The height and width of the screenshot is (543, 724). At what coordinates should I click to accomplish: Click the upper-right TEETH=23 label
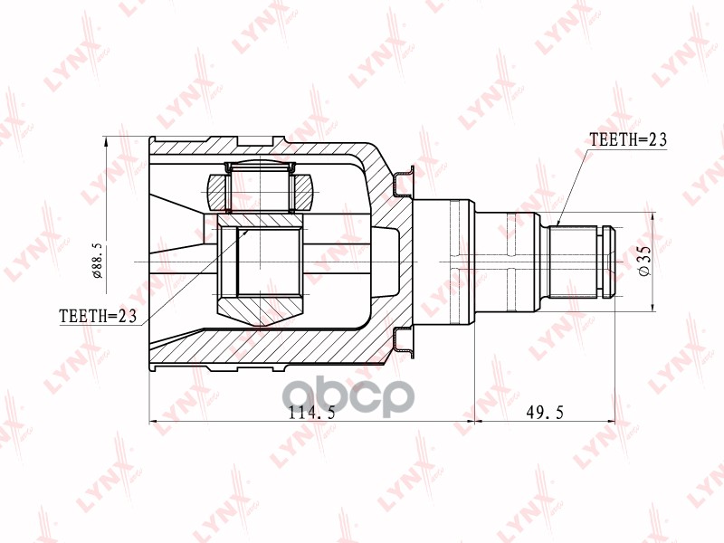pyautogui.click(x=627, y=140)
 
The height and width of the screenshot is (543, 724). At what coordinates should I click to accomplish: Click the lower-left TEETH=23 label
pyautogui.click(x=97, y=316)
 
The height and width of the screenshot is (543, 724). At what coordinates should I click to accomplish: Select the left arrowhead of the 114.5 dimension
pyautogui.click(x=153, y=422)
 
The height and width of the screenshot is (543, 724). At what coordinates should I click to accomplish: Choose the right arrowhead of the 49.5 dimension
pyautogui.click(x=611, y=422)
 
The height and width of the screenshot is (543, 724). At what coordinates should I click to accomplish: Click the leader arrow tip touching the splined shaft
pyautogui.click(x=558, y=224)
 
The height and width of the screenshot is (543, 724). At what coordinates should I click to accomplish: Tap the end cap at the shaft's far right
pyautogui.click(x=609, y=262)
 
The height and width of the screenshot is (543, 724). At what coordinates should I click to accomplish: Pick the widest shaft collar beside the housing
pyautogui.click(x=460, y=262)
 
